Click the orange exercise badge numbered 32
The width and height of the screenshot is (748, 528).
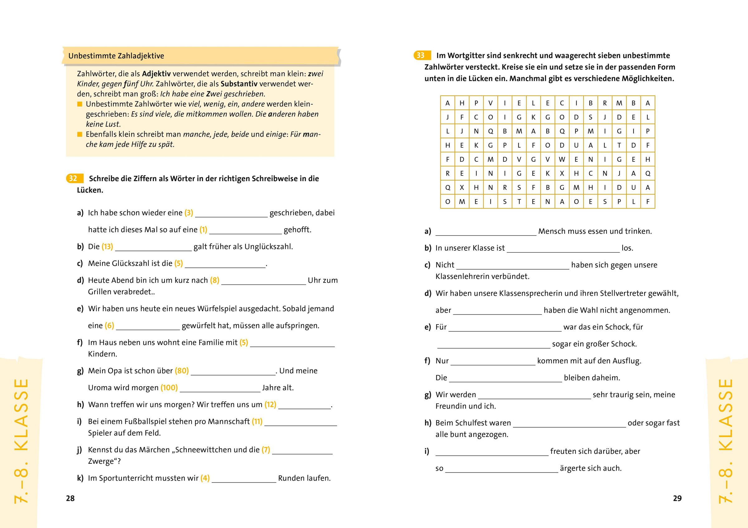(73, 179)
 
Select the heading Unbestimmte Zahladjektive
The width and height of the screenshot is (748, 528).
(116, 56)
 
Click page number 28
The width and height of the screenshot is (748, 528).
(70, 498)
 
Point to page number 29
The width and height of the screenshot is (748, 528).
(677, 498)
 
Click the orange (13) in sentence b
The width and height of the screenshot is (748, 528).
(107, 247)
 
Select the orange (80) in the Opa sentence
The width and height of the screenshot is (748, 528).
(182, 371)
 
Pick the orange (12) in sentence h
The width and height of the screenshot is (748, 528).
(270, 405)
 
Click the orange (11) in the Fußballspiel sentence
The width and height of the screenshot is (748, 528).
(257, 421)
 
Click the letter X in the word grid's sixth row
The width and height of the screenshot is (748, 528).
(562, 174)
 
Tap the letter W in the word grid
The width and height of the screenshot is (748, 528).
(562, 160)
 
